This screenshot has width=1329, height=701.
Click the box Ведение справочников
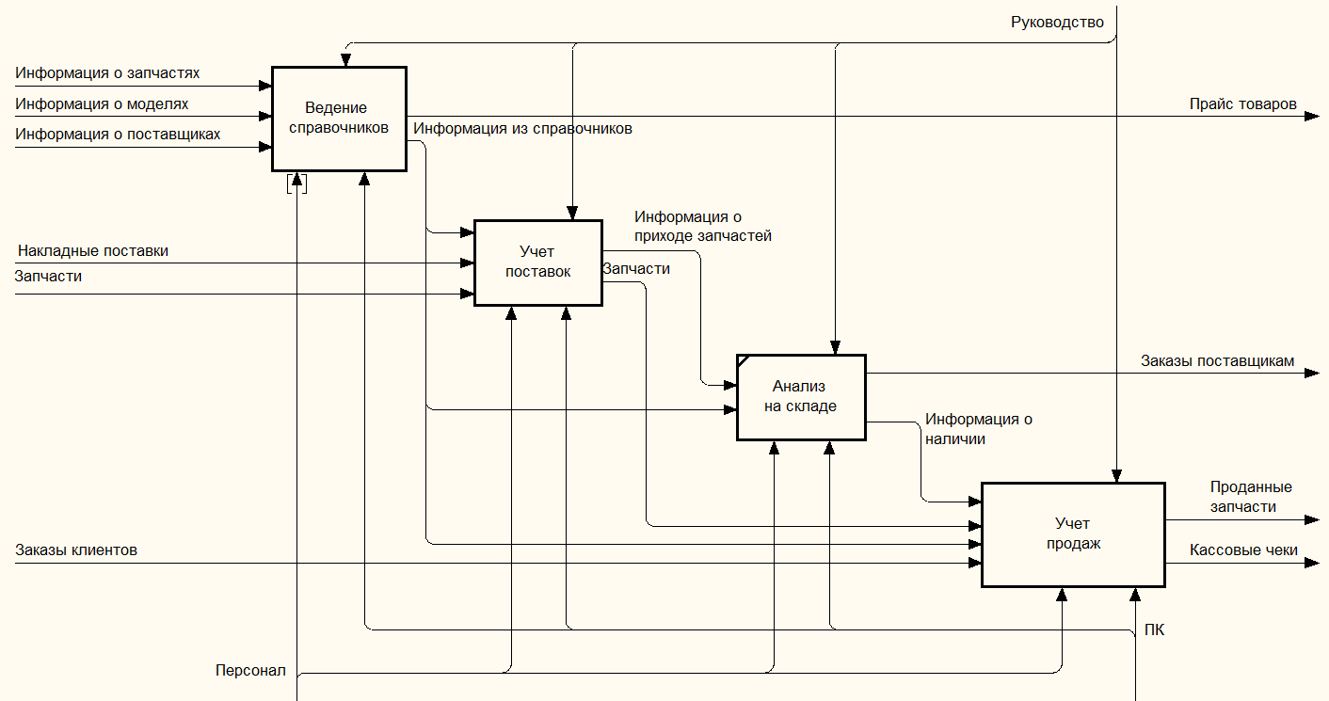(x=339, y=119)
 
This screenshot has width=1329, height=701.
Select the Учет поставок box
(x=537, y=263)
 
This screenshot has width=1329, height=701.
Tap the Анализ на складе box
(x=801, y=396)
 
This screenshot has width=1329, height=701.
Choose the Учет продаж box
(x=1073, y=534)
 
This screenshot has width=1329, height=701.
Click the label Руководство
(x=1057, y=22)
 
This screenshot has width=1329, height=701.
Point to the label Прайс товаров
(x=1242, y=104)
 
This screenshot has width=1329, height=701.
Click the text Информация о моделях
(x=102, y=104)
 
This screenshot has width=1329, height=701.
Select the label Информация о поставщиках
(x=118, y=134)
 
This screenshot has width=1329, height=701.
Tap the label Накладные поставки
(x=93, y=250)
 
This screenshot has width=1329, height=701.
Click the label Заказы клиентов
(x=76, y=550)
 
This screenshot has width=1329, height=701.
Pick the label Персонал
(x=250, y=671)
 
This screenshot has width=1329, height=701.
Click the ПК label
(x=1154, y=629)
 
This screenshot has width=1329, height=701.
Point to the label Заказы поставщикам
(x=1217, y=360)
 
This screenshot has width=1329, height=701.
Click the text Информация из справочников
(x=523, y=128)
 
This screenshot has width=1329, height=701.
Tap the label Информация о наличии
(x=978, y=428)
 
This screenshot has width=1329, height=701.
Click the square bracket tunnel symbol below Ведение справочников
(x=297, y=183)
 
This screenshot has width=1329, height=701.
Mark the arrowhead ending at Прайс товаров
(x=1313, y=117)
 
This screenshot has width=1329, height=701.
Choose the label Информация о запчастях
(x=107, y=72)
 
